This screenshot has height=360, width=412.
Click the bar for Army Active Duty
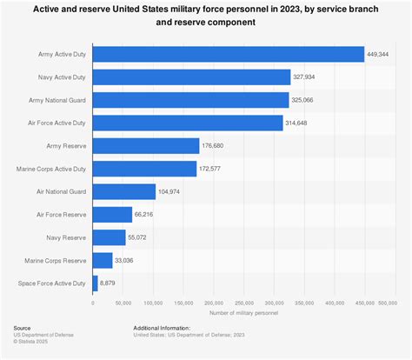pyautogui.click(x=228, y=54)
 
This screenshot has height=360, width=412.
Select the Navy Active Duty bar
pyautogui.click(x=191, y=77)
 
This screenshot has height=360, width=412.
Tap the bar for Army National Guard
pyautogui.click(x=190, y=100)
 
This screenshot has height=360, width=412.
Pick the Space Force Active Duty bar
pyautogui.click(x=95, y=282)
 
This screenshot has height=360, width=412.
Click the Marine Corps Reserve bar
pyautogui.click(x=103, y=259)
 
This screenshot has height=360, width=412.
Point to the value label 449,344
pyautogui.click(x=379, y=55)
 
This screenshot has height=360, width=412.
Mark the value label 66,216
pyautogui.click(x=145, y=214)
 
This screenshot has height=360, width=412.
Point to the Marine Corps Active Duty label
pyautogui.click(x=52, y=169)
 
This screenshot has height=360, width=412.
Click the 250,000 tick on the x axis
pyautogui.click(x=243, y=303)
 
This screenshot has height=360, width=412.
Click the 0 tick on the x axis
pyautogui.click(x=92, y=303)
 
